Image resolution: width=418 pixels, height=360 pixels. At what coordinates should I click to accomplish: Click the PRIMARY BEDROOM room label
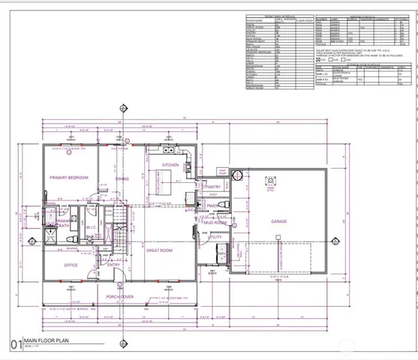tap(69, 178)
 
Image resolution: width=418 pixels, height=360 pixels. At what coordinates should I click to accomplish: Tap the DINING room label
tap(122, 178)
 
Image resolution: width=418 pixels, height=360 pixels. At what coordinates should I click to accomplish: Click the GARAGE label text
tap(279, 222)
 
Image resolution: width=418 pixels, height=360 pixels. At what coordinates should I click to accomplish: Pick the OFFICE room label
tap(71, 265)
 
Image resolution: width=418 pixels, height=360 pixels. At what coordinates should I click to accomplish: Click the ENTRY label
tap(113, 265)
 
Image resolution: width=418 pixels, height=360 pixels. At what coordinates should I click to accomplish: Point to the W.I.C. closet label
tap(92, 227)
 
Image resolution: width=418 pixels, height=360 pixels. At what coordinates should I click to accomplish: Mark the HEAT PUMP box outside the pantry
tap(223, 171)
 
